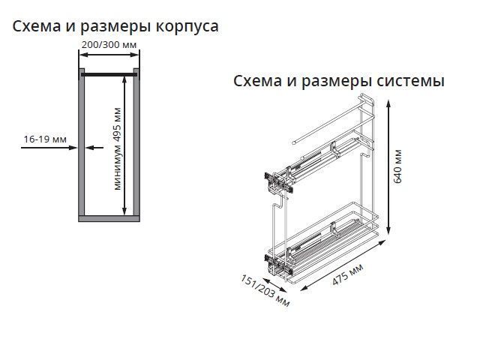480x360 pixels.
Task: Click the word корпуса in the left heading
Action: [x=187, y=27]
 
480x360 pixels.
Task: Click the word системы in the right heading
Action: [x=410, y=81]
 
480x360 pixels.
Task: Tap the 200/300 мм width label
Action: [x=109, y=45]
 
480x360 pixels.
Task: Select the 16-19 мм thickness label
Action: [x=45, y=139]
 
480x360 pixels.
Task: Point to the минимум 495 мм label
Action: [x=118, y=149]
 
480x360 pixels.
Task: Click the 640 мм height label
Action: [x=397, y=166]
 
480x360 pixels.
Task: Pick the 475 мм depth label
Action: [x=348, y=274]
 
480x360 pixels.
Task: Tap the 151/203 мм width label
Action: [x=265, y=290]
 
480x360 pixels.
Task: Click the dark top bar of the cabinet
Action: [x=109, y=74]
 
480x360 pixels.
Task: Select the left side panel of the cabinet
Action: [x=82, y=142]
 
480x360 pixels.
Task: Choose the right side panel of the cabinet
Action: [x=136, y=142]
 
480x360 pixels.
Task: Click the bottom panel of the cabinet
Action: [x=109, y=218]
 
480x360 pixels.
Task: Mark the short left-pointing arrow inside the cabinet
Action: [x=94, y=148]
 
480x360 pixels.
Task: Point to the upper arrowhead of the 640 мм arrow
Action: [x=388, y=104]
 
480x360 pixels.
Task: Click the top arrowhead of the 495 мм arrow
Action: [x=124, y=80]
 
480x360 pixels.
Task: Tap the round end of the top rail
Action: [x=294, y=142]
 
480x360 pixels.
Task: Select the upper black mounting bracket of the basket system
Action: [x=278, y=182]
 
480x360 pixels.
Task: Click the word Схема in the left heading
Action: [x=37, y=26]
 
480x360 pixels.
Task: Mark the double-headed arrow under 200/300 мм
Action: [x=109, y=55]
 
